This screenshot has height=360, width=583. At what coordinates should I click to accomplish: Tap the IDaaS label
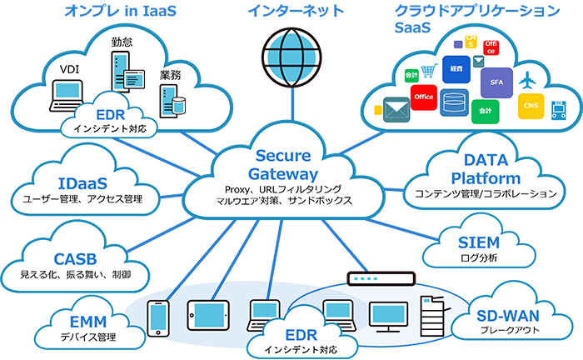[84, 181]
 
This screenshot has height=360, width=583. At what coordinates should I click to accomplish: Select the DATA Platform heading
[491, 168]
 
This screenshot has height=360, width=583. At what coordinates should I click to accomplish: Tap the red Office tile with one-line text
[424, 97]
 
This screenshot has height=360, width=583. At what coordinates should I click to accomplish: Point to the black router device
[380, 270]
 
